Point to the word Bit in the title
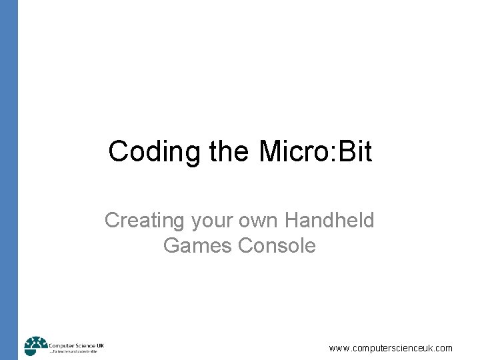[354, 151]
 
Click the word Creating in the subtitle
[144, 220]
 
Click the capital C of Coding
[119, 151]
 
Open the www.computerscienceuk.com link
[391, 348]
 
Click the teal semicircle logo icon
[35, 346]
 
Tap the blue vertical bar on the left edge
[9, 180]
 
